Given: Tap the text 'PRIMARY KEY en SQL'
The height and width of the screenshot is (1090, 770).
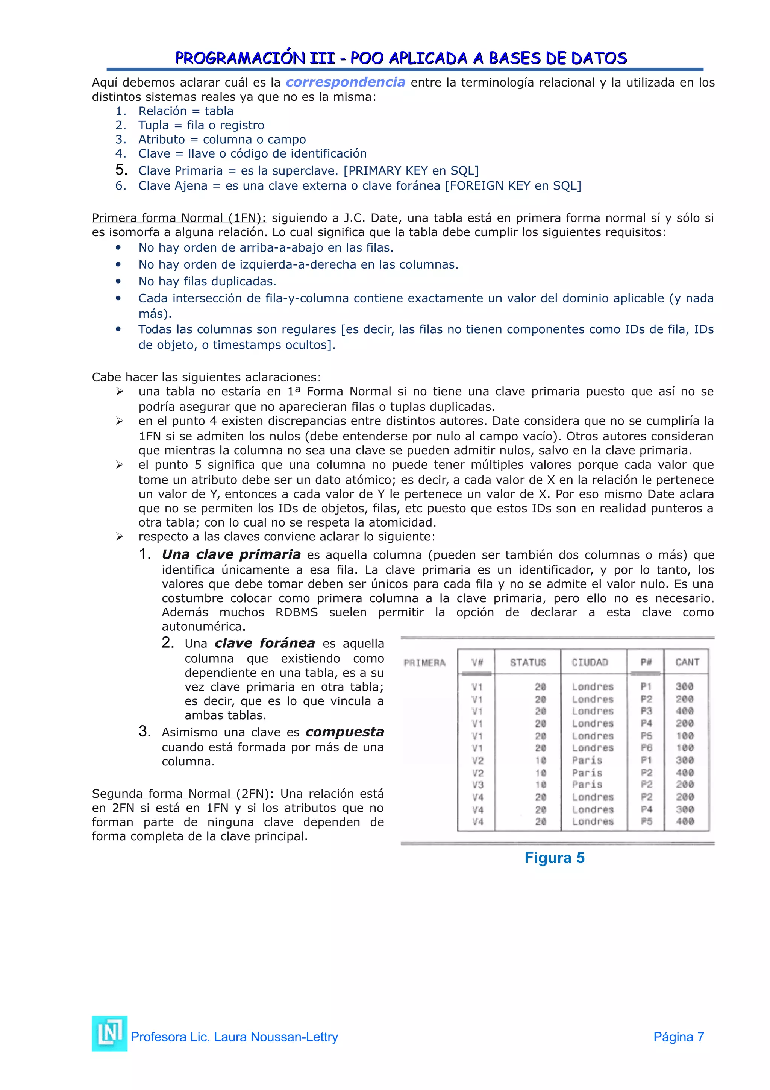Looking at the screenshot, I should coord(411,170).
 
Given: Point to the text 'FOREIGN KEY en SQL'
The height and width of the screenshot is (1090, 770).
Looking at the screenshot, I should coord(512,186).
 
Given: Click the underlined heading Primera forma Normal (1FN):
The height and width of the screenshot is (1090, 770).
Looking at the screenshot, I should coord(179,218).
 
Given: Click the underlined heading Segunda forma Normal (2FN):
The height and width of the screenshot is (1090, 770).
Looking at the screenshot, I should coord(183,794).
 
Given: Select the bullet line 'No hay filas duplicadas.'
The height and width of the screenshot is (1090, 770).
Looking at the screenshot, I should coord(207,281).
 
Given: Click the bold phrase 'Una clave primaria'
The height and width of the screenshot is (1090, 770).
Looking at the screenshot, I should coord(231,554).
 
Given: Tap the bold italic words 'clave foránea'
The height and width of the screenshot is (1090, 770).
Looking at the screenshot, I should coord(264,643).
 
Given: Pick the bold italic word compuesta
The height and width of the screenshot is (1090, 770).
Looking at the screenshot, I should coord(344,732).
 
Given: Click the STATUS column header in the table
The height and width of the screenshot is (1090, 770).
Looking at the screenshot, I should coord(527,662).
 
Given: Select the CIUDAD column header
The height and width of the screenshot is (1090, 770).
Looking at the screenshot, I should coord(589,662).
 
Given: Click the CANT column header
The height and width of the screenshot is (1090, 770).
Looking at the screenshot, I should coord(687,662).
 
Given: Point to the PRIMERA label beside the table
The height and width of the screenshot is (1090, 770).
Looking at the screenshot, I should coord(424,663).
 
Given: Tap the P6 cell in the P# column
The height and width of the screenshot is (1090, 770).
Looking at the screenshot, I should coord(646,748).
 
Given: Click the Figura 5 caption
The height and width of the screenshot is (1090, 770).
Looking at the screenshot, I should coord(554,858).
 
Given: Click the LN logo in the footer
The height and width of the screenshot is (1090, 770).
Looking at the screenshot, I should coord(109,1034).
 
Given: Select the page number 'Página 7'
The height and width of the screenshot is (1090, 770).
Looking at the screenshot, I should coord(678,1037).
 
